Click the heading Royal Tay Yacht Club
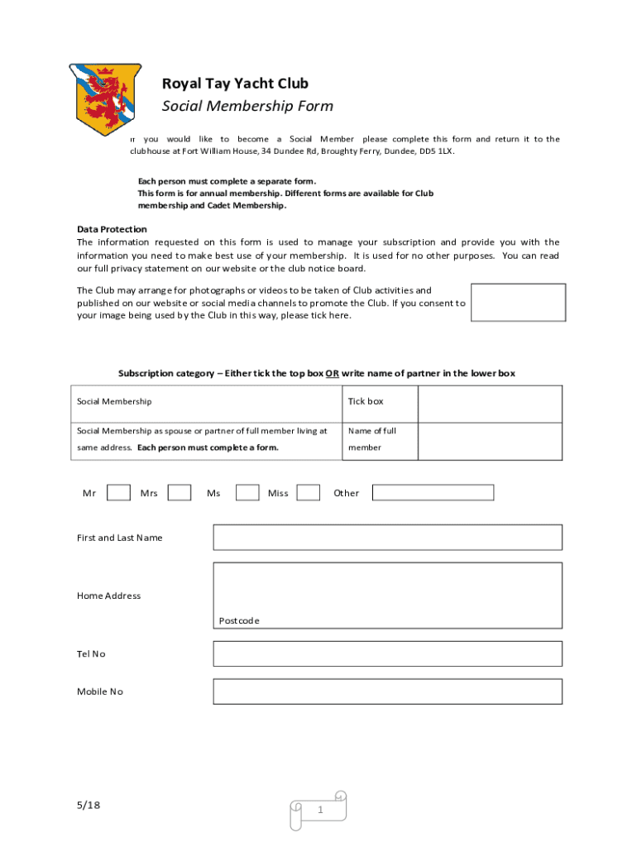click(x=234, y=84)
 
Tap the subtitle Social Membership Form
click(x=247, y=106)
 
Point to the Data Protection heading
click(x=112, y=229)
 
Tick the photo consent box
click(x=518, y=302)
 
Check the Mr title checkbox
click(x=119, y=493)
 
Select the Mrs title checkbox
click(x=180, y=493)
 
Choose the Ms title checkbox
click(x=247, y=493)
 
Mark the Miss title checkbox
click(x=309, y=493)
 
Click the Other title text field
click(x=433, y=493)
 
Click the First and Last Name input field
click(x=387, y=538)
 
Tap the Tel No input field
click(x=387, y=653)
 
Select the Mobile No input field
click(x=387, y=691)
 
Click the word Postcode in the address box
click(x=239, y=620)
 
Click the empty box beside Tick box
click(x=490, y=404)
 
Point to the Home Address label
click(x=109, y=596)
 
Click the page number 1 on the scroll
click(x=319, y=811)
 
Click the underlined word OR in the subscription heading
click(x=332, y=373)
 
